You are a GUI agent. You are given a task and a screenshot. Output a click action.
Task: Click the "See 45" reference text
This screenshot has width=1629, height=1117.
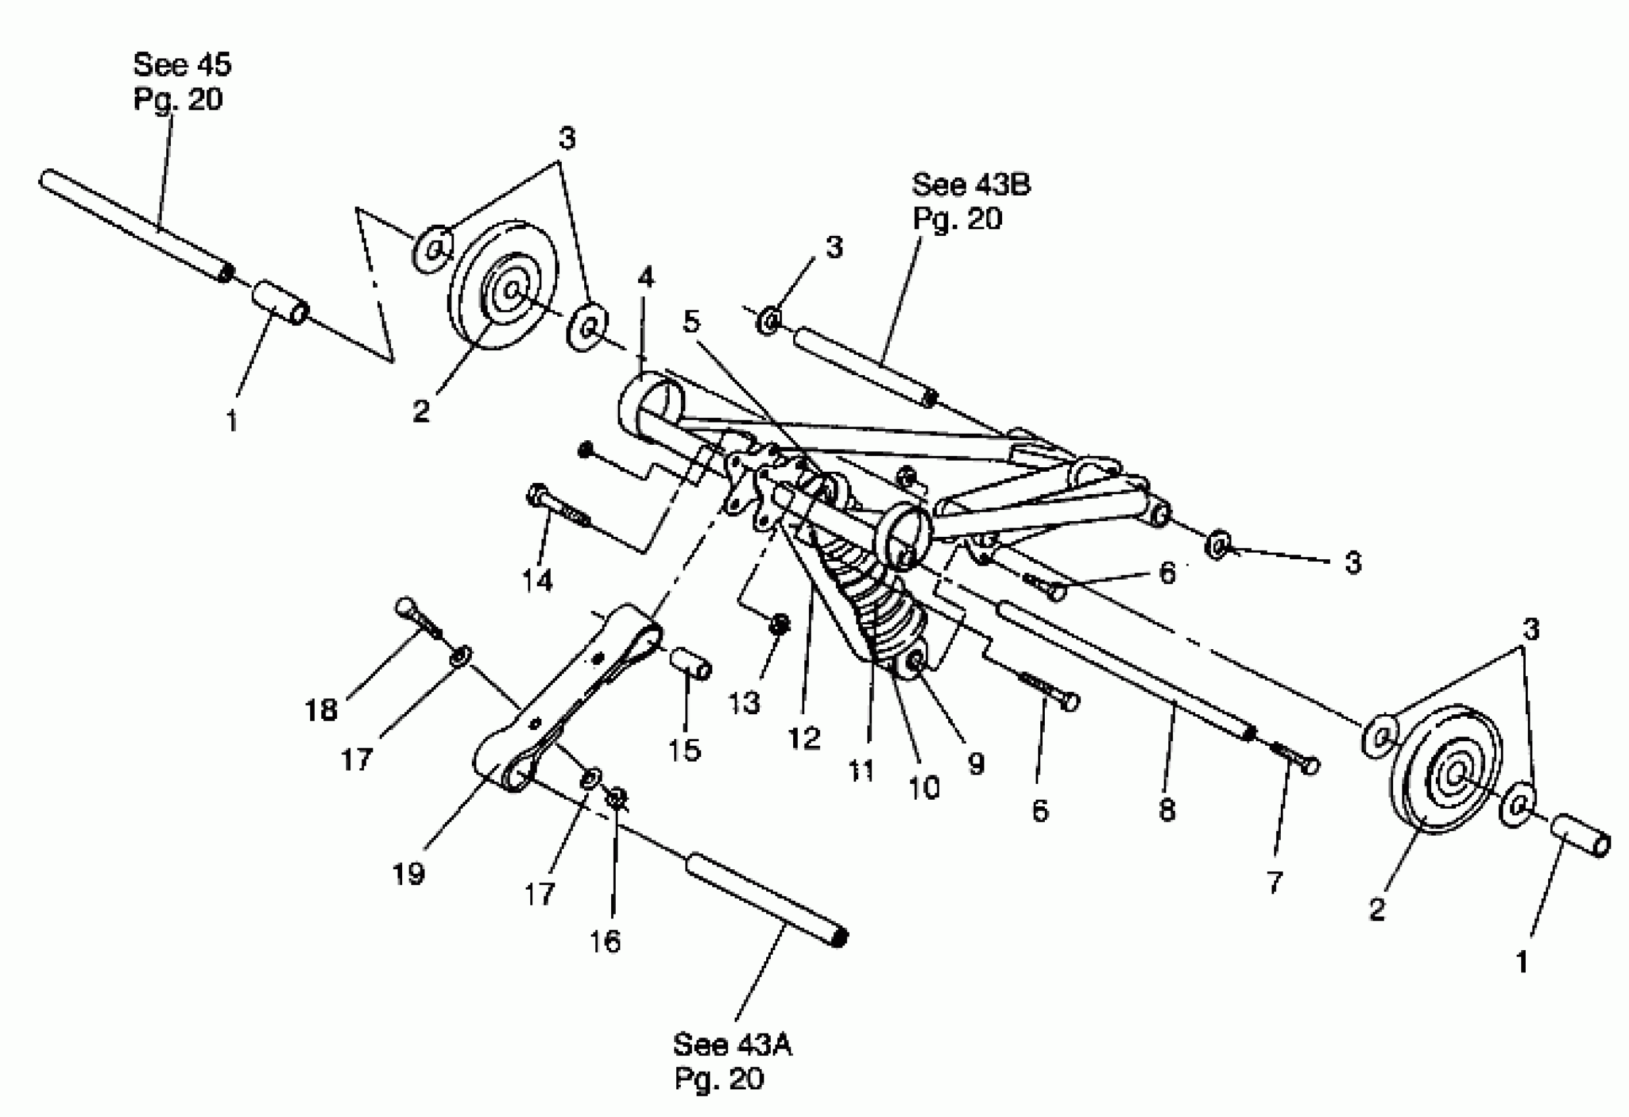coord(181,65)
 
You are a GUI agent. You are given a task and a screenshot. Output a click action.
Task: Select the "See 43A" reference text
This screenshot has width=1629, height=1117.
coord(732,1045)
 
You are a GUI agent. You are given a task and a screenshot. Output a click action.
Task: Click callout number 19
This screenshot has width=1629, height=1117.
coord(408,874)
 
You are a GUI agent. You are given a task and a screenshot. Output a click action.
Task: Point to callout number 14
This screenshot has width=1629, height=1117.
coord(538,581)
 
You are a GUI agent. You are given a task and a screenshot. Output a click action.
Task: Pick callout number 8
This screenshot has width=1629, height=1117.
coord(1166,811)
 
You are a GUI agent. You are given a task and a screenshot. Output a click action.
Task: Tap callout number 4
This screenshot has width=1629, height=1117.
coord(645,278)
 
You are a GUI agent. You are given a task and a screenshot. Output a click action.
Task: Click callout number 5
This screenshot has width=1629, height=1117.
coord(692,322)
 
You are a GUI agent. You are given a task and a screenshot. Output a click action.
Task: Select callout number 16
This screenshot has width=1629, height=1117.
coord(605,941)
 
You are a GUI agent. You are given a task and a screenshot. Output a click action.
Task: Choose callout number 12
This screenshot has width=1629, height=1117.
coord(803,738)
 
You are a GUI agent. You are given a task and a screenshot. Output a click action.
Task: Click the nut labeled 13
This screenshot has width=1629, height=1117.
coord(779,624)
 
